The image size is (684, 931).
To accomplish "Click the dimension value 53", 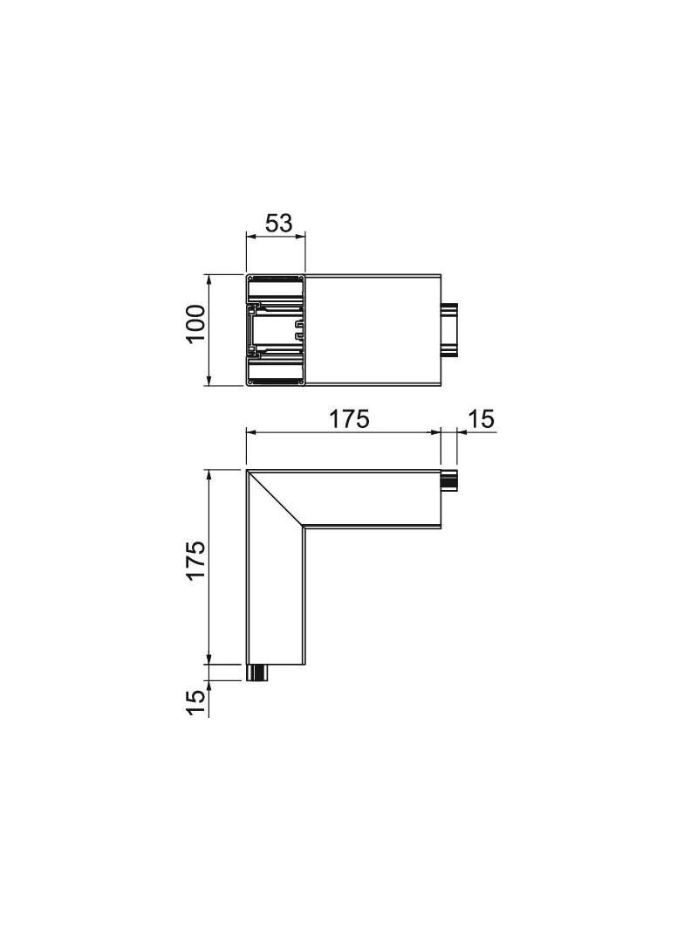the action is [x=279, y=224].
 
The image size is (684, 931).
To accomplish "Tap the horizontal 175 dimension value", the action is [x=349, y=418].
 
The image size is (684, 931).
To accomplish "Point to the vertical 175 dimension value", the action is [x=195, y=559].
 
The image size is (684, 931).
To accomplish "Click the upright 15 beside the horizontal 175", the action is [x=482, y=418].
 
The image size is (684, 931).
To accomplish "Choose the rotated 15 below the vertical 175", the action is [x=195, y=703].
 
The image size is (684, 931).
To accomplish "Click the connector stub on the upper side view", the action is [x=450, y=330].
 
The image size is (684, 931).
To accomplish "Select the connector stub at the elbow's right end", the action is [x=449, y=479].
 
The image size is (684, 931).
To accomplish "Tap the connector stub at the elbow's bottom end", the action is [x=256, y=672].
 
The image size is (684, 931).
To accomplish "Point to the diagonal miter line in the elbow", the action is [x=276, y=498].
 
